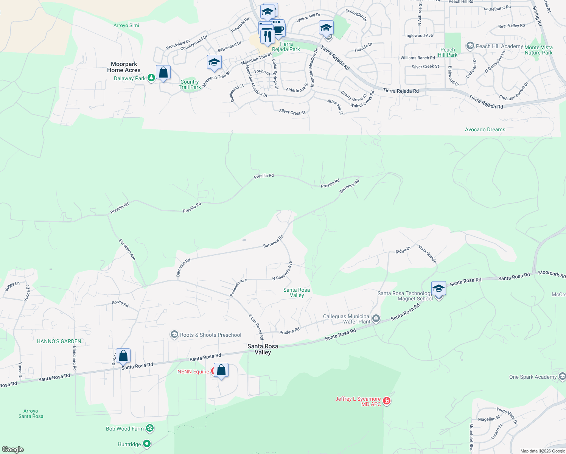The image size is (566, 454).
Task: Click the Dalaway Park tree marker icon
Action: click(151, 78)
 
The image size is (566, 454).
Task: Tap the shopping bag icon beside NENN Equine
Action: click(221, 370)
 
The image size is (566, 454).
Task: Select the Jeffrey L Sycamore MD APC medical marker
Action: click(386, 401)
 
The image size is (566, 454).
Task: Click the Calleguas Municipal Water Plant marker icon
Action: click(376, 319)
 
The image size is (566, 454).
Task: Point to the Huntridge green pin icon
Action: click(147, 444)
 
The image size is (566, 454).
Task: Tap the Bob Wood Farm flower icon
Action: click(150, 428)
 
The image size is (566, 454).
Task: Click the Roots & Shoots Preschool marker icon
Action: click(174, 334)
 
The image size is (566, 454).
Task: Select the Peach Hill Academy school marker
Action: click(470, 46)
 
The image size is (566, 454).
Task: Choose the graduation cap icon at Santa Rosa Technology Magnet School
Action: click(438, 289)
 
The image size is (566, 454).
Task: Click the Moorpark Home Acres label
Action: click(124, 67)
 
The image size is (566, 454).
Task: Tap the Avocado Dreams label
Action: click(485, 129)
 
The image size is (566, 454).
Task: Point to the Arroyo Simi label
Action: click(126, 25)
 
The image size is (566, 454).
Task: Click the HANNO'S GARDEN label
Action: click(59, 341)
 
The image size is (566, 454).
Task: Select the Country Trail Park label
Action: click(190, 84)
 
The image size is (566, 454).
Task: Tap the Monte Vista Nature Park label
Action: click(538, 50)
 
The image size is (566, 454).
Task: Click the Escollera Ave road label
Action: click(127, 249)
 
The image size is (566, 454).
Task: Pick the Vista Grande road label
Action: click(428, 254)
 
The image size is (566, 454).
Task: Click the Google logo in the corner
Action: click(13, 449)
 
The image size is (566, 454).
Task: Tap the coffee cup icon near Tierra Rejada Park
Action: click(278, 30)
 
